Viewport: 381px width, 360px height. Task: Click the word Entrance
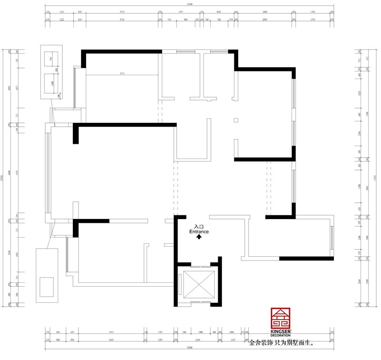click(x=199, y=231)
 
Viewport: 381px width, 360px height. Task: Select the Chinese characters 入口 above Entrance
click(x=199, y=227)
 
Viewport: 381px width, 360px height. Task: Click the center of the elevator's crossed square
click(x=197, y=284)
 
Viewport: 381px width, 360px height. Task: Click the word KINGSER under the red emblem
click(x=280, y=330)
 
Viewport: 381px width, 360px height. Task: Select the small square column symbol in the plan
click(x=236, y=120)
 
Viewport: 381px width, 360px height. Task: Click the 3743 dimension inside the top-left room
click(x=122, y=73)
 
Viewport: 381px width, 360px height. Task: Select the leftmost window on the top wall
click(x=184, y=51)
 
